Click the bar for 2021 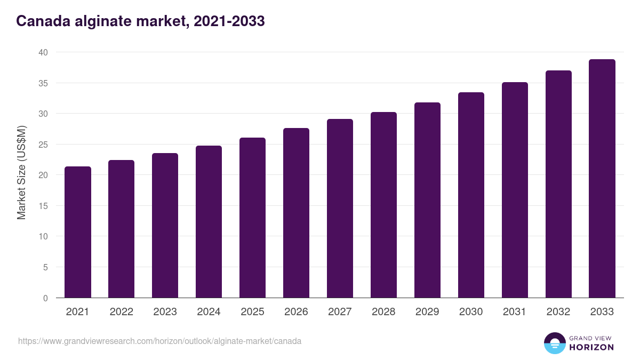(x=78, y=233)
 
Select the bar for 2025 (x=252, y=218)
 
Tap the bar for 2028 (x=383, y=205)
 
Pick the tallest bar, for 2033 (x=602, y=179)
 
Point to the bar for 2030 (x=471, y=195)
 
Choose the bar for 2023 (x=165, y=226)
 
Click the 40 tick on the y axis (x=43, y=52)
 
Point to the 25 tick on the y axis (x=43, y=145)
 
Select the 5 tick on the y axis (x=45, y=267)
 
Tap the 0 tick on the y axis (x=45, y=298)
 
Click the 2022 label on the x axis (x=121, y=312)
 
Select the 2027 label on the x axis (x=340, y=312)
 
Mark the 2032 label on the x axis (x=558, y=312)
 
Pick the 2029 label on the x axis (x=427, y=312)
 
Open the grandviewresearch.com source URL (x=159, y=341)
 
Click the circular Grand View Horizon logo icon (x=554, y=343)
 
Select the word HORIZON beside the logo (x=591, y=347)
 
